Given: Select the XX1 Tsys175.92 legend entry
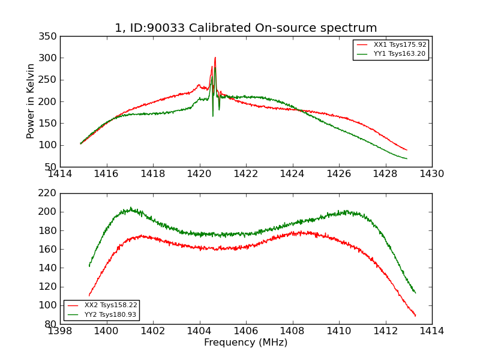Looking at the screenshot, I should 399,44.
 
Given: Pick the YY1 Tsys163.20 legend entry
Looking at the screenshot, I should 399,53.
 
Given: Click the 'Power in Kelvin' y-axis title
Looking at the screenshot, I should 31,101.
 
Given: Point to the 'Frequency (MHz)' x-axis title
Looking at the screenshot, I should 246,343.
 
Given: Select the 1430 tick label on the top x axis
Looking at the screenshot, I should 431,174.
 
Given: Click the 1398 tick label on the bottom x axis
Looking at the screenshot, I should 60,331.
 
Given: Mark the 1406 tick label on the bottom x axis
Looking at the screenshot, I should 246,331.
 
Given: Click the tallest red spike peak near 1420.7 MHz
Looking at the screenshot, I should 215,58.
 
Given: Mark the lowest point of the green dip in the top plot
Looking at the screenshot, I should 212,116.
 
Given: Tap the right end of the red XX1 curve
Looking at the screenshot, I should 407,150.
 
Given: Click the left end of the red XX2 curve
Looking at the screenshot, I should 89,296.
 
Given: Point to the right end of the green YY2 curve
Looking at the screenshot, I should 415,293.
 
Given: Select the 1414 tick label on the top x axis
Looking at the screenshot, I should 60,174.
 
